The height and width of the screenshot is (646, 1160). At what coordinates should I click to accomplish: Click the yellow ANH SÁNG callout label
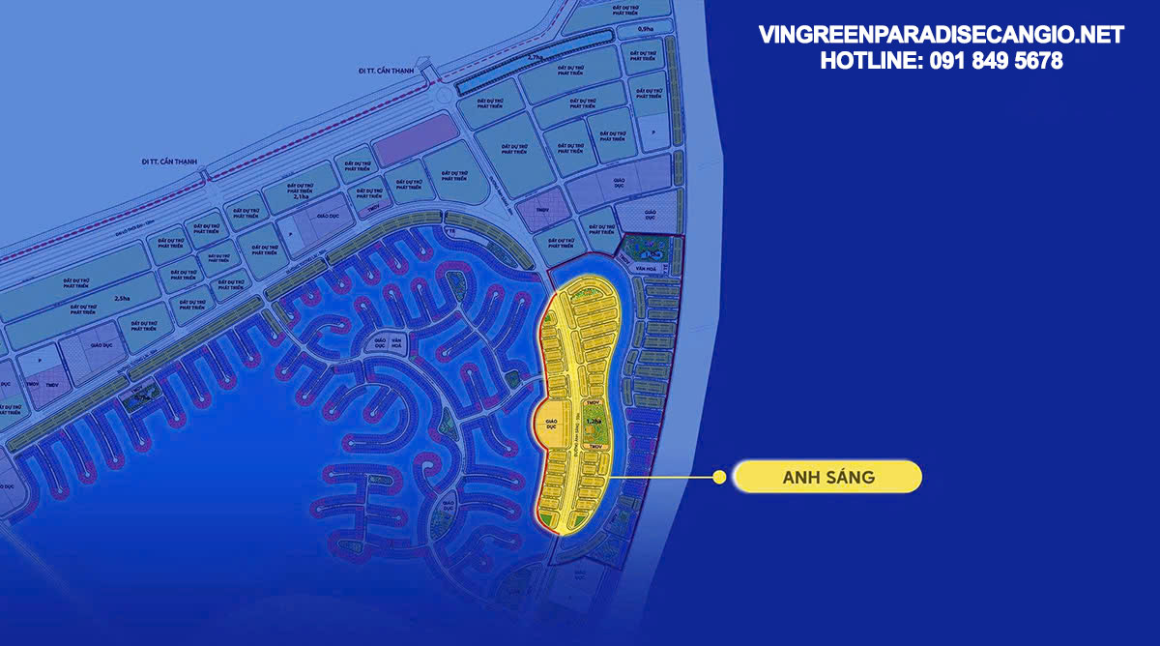(x=826, y=477)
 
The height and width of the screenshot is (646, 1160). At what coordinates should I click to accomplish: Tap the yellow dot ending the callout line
(x=719, y=477)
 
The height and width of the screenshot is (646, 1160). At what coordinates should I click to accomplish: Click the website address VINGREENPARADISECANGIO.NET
(x=941, y=36)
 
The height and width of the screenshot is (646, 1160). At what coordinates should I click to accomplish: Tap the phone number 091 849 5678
(x=997, y=61)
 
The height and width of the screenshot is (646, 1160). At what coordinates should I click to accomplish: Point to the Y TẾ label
(x=449, y=232)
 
